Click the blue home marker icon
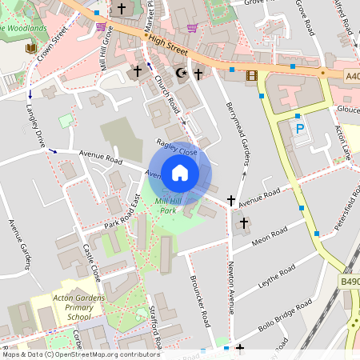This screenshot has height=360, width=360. tap(180, 172)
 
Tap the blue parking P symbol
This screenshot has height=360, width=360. tap(300, 128)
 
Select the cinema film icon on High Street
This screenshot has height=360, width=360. tap(253, 76)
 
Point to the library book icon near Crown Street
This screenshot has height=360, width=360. tap(31, 50)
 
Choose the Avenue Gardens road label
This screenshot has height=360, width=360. tap(20, 244)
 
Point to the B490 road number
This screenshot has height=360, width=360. tap(349, 282)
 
